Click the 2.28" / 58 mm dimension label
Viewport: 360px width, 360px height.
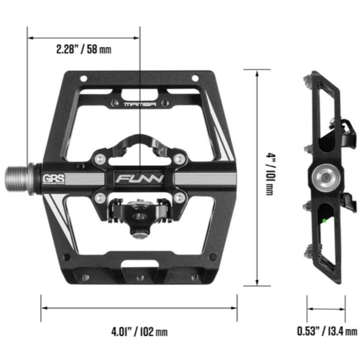pos(83,49)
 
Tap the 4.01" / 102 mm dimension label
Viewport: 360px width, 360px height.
pos(139,332)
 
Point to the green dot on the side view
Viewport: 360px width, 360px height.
pos(324,220)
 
